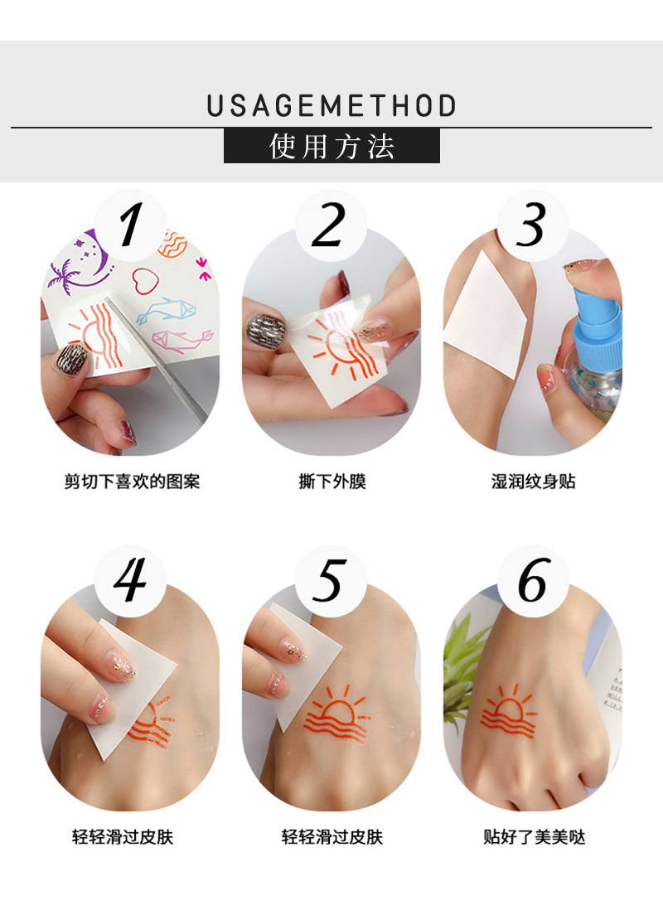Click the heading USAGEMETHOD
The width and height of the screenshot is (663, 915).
point(331,106)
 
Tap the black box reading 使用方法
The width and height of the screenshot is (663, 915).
point(331,146)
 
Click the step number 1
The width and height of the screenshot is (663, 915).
point(129,225)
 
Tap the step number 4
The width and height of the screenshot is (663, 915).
point(129,580)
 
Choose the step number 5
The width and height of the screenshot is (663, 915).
point(330,580)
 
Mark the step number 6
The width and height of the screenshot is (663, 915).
point(531,580)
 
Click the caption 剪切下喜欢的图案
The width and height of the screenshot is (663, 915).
point(132,482)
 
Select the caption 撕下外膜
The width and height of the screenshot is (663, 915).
point(331,482)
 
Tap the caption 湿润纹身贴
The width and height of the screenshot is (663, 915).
point(533,482)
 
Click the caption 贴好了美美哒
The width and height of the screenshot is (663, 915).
point(534,837)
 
